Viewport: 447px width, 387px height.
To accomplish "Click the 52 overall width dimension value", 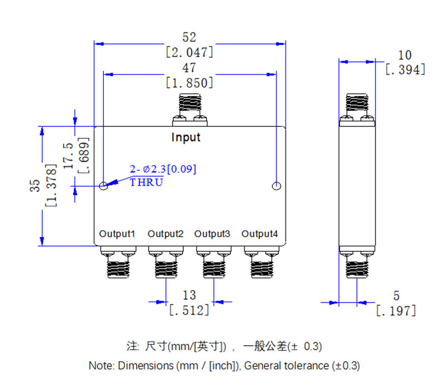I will [190, 37].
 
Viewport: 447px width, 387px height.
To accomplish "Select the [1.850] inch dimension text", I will [190, 83].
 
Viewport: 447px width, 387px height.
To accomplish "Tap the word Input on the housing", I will [186, 138].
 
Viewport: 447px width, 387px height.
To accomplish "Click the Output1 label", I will [117, 234].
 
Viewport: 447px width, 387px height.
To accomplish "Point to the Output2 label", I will [166, 234].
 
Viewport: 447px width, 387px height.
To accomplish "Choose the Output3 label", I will [212, 234].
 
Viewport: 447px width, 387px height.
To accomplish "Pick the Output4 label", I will [260, 234].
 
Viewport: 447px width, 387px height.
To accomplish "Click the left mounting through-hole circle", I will [104, 186].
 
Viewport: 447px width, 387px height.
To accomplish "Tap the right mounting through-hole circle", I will [275, 186].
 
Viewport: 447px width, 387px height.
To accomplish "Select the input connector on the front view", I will [189, 110].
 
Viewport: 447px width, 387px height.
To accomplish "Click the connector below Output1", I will [117, 263].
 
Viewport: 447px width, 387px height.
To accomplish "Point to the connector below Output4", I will [260, 263].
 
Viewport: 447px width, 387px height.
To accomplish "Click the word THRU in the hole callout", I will [146, 182].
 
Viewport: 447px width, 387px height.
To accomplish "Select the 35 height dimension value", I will [35, 186].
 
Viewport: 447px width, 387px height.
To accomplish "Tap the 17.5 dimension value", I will [68, 156].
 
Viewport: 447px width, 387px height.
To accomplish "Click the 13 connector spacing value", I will [189, 295].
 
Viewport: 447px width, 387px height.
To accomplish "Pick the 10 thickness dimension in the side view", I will [405, 55].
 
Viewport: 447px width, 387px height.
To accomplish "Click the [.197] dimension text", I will [396, 310].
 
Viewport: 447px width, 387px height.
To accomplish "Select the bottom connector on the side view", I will [357, 263].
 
